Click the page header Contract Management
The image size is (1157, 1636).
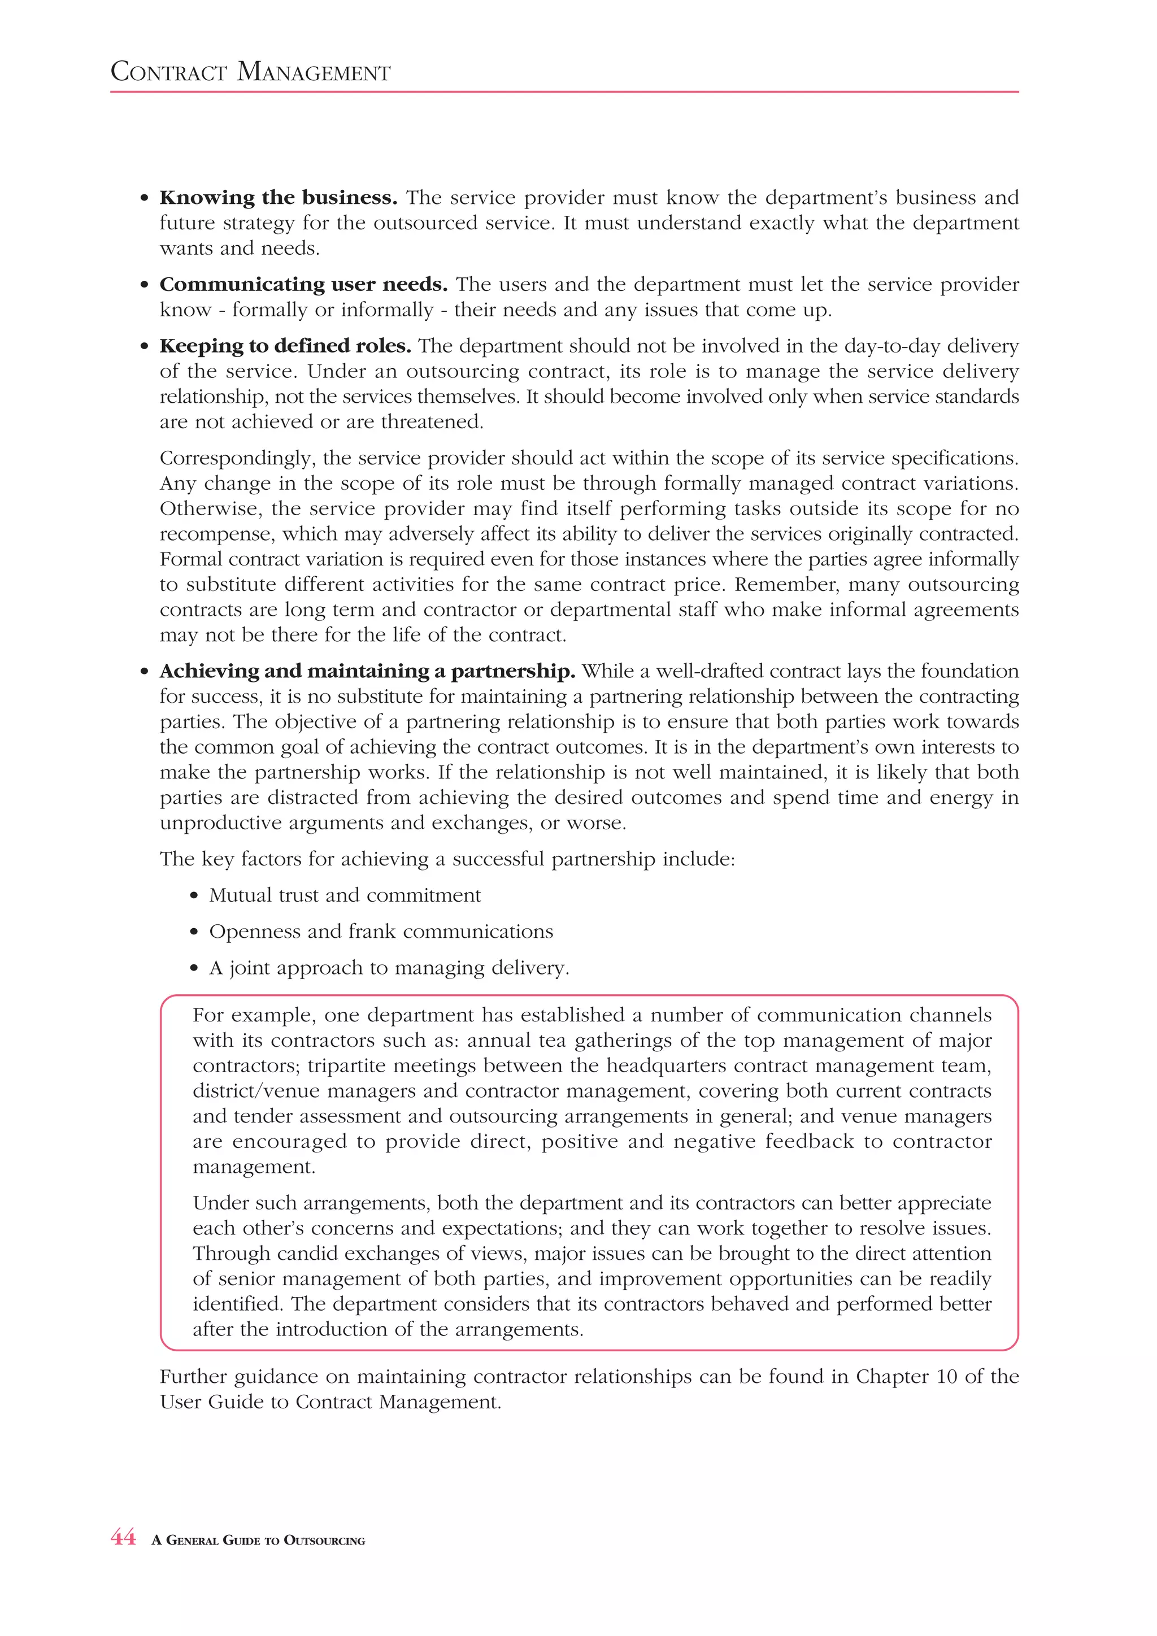pos(250,72)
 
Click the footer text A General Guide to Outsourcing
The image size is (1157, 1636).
pos(258,1540)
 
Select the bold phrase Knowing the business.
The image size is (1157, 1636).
pos(278,197)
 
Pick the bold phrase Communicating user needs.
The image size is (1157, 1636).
pos(303,284)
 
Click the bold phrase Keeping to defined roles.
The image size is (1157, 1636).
pos(285,346)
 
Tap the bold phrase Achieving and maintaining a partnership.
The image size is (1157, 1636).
pos(367,671)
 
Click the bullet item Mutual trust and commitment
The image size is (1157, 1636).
pos(345,895)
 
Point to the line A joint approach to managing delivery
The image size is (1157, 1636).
pos(389,968)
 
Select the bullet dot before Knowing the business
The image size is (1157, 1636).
pos(145,198)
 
